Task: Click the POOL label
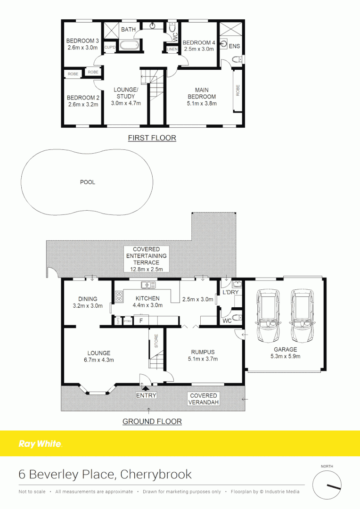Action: pyautogui.click(x=87, y=182)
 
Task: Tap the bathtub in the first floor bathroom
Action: pyautogui.click(x=128, y=46)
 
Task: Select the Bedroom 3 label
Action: pyautogui.click(x=82, y=41)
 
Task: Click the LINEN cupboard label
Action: pyautogui.click(x=172, y=49)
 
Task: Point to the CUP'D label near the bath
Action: pyautogui.click(x=110, y=47)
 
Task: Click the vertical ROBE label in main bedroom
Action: pyautogui.click(x=237, y=90)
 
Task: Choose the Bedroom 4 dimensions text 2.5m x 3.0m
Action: pyautogui.click(x=198, y=49)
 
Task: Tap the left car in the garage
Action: pyautogui.click(x=268, y=315)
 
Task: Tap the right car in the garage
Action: pyautogui.click(x=302, y=315)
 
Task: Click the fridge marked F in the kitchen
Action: pyautogui.click(x=140, y=321)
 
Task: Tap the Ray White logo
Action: pyautogui.click(x=40, y=443)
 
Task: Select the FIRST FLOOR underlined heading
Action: pyautogui.click(x=152, y=138)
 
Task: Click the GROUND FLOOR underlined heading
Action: pyautogui.click(x=152, y=421)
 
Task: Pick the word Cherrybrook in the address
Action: pyautogui.click(x=156, y=474)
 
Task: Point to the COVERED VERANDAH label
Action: pyautogui.click(x=203, y=399)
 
